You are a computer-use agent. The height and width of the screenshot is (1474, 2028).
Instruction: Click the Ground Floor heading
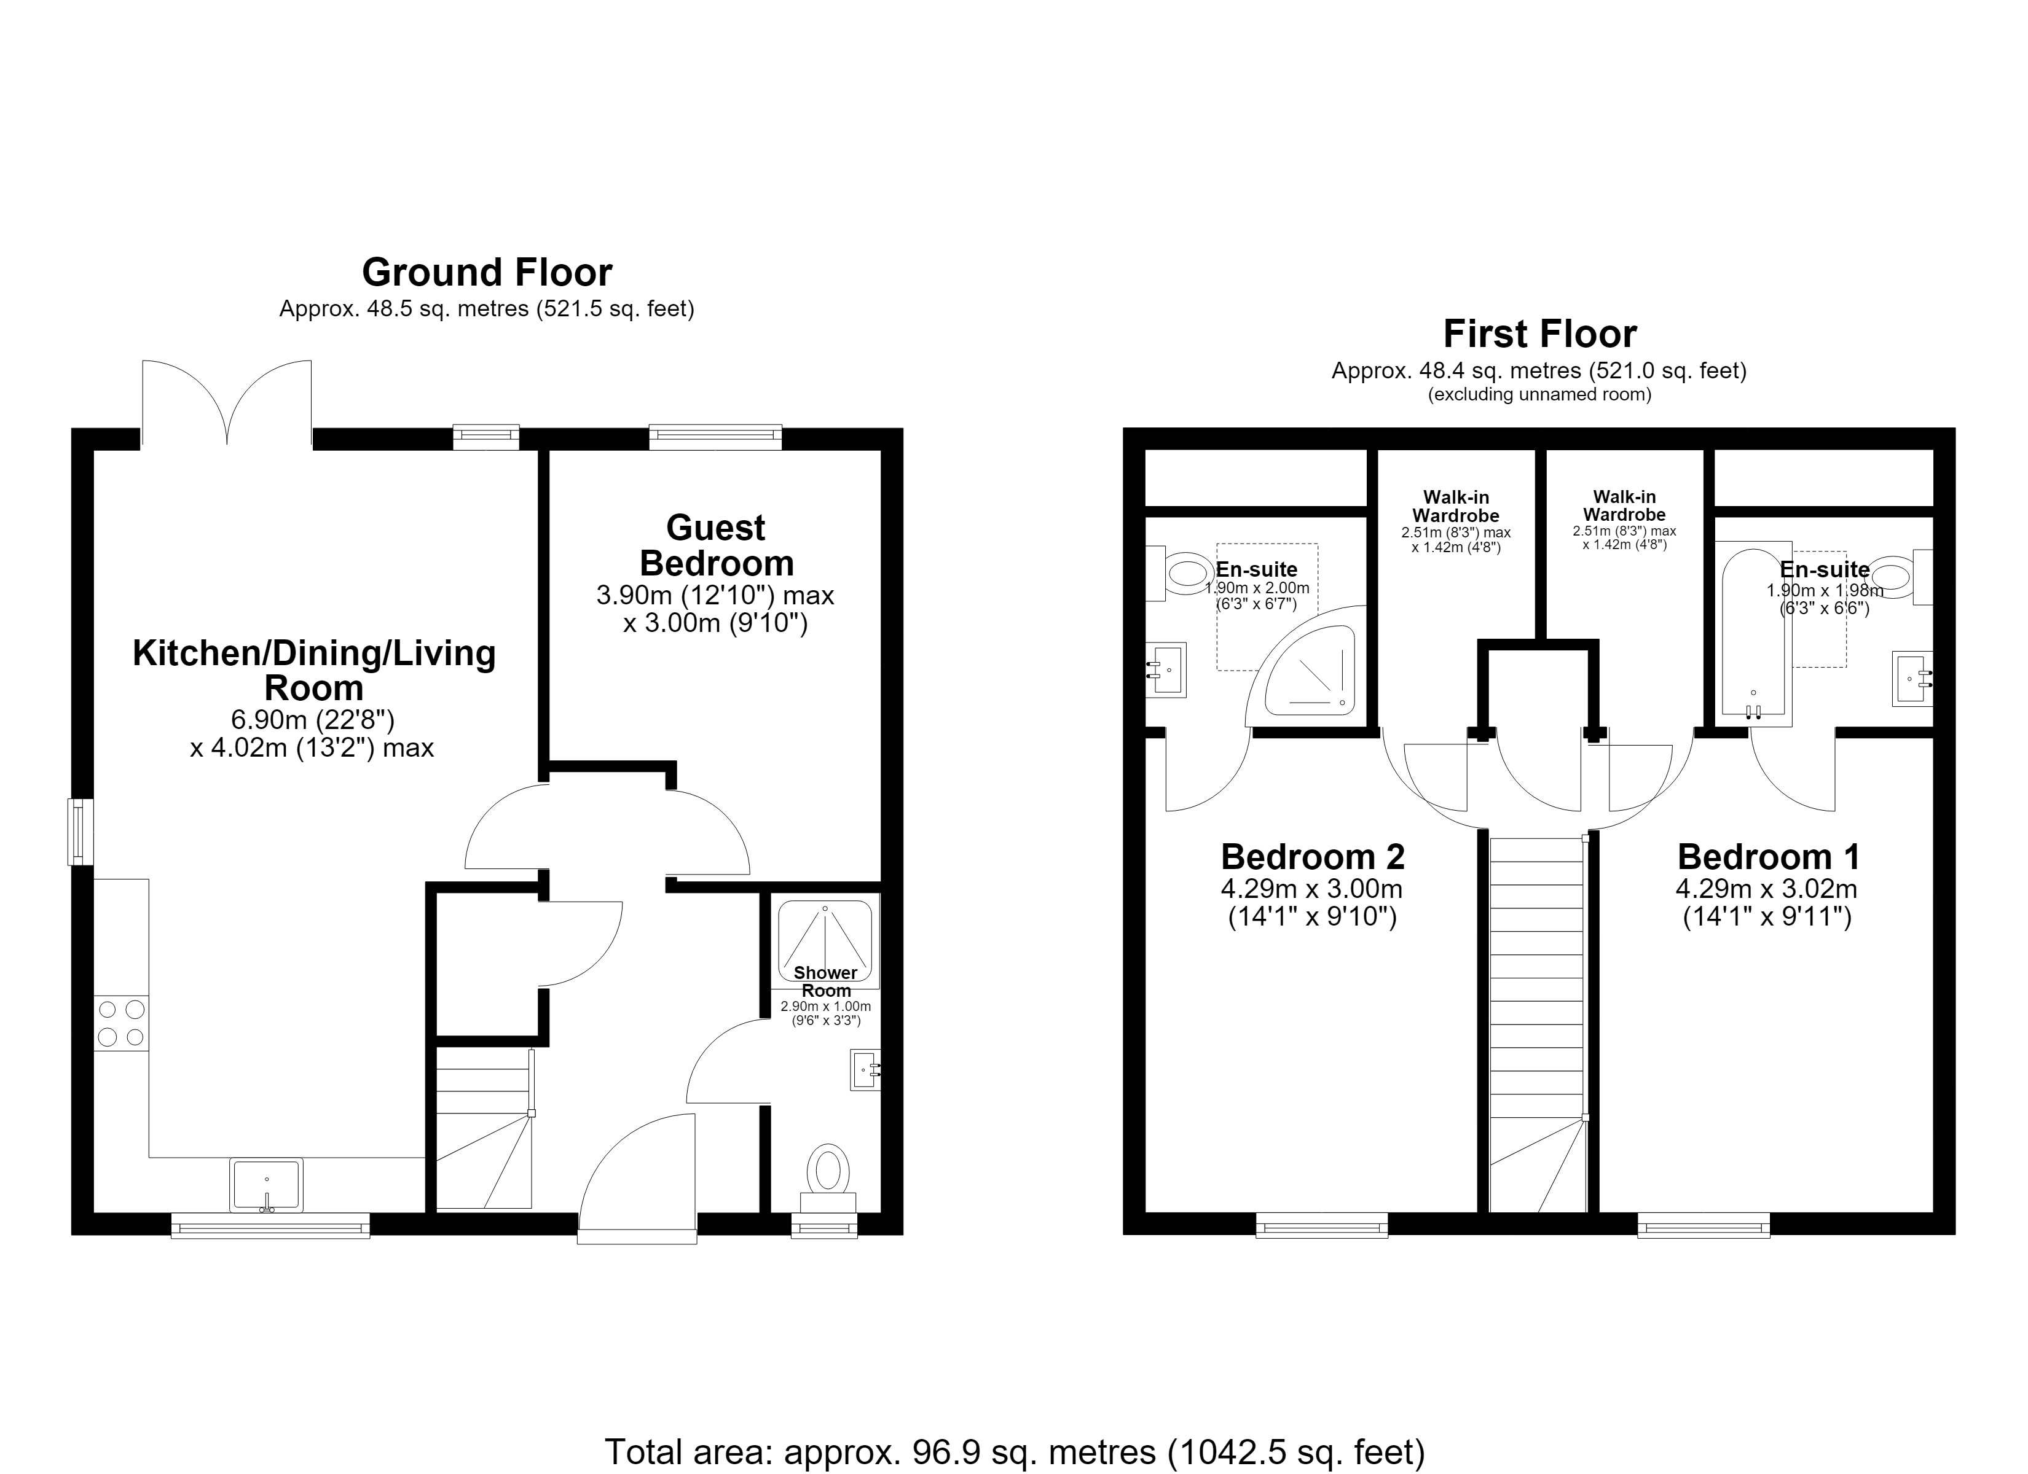487,271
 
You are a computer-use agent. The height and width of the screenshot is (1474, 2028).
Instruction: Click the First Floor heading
1540,333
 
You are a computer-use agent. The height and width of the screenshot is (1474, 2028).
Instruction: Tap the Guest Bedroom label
716,545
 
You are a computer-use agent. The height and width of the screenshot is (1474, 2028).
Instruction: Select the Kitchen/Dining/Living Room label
314,671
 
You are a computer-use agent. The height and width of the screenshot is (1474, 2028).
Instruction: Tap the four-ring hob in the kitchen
122,1023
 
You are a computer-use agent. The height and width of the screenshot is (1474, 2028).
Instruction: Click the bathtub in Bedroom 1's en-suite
1753,634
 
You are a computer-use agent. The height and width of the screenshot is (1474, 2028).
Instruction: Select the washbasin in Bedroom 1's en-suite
1912,679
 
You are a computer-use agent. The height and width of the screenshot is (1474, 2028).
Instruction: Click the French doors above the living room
227,402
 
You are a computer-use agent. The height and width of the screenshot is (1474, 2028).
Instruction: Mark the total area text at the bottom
1014,1452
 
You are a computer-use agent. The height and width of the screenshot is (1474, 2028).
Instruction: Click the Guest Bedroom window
715,437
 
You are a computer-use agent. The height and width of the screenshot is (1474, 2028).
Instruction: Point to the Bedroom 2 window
1322,1225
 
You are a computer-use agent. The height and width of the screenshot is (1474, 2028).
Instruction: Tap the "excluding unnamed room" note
1540,394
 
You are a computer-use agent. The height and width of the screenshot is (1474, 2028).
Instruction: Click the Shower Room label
825,981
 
